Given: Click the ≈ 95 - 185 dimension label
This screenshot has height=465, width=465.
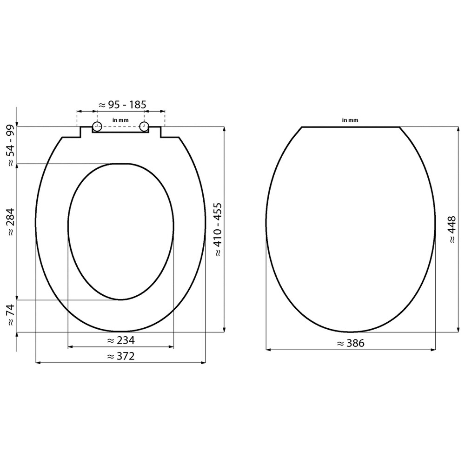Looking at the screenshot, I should (120, 105).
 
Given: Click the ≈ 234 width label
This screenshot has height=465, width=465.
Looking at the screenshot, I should (120, 340).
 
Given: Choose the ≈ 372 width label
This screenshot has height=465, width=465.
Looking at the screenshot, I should (120, 356).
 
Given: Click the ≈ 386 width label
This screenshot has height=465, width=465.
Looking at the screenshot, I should (351, 344).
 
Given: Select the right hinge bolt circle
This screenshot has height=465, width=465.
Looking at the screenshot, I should (144, 126).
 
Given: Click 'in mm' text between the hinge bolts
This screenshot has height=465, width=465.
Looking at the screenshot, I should (120, 120).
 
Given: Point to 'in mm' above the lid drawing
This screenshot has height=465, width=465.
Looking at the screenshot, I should (350, 120).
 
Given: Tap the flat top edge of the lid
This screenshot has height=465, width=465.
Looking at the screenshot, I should (351, 126).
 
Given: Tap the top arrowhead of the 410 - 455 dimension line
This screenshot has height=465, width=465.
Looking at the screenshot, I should (225, 129).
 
